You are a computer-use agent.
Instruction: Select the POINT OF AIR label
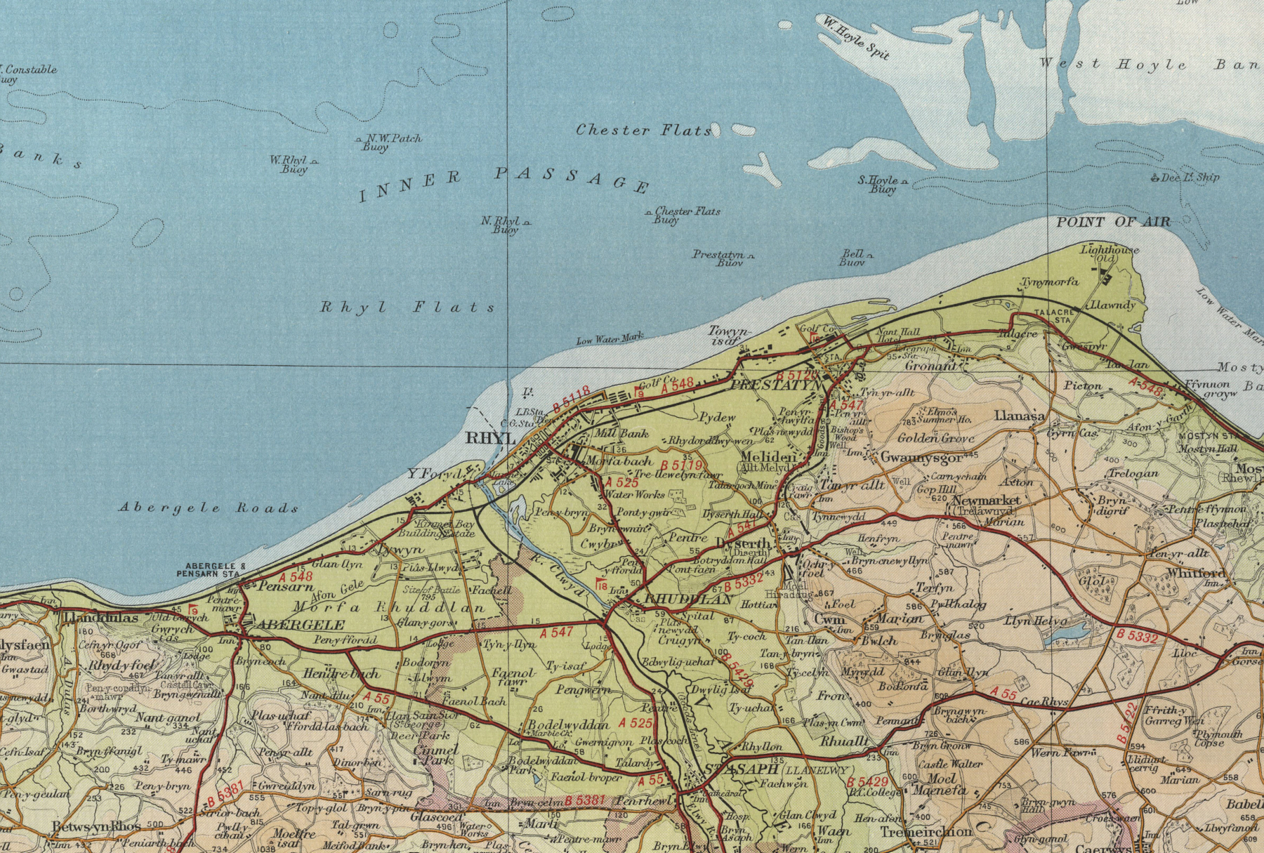[1114, 222]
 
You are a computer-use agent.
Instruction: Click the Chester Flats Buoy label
[685, 215]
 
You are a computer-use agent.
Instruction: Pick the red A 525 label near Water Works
[621, 483]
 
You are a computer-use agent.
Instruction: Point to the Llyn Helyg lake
[1063, 637]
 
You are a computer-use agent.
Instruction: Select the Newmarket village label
[986, 501]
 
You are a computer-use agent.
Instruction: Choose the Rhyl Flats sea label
[408, 307]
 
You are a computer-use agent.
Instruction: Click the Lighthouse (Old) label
[1109, 254]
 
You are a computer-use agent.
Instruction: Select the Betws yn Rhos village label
[96, 826]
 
